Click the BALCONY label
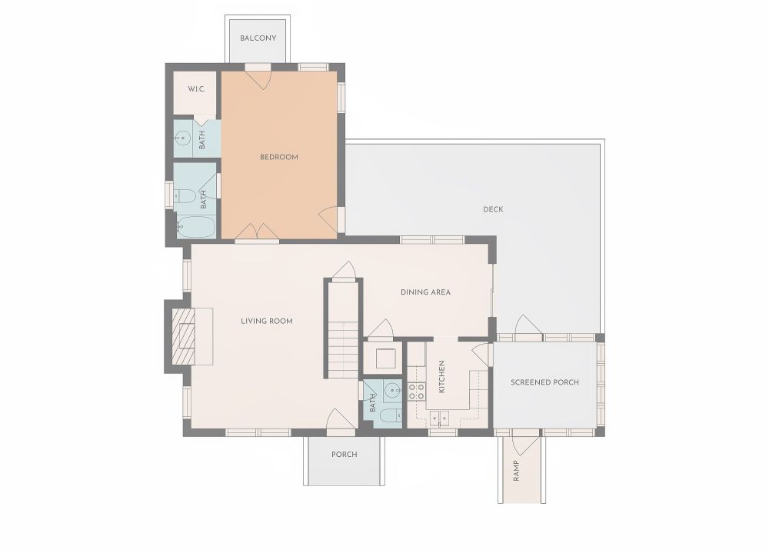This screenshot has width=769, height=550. click(258, 38)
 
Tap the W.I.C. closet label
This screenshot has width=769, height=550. click(196, 89)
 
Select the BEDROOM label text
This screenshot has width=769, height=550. click(279, 157)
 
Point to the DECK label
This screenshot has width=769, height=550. click(493, 209)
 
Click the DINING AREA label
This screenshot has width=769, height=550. click(425, 292)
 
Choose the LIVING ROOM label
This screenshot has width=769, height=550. click(267, 321)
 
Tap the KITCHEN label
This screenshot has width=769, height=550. click(441, 377)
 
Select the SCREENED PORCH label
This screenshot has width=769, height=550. click(544, 382)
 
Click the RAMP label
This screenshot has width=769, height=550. click(516, 471)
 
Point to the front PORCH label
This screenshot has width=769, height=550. click(345, 455)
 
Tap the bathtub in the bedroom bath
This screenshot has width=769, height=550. click(195, 227)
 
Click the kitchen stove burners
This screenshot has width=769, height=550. click(417, 391)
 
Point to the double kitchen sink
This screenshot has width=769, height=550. click(439, 418)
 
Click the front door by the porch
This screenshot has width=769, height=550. click(341, 421)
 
